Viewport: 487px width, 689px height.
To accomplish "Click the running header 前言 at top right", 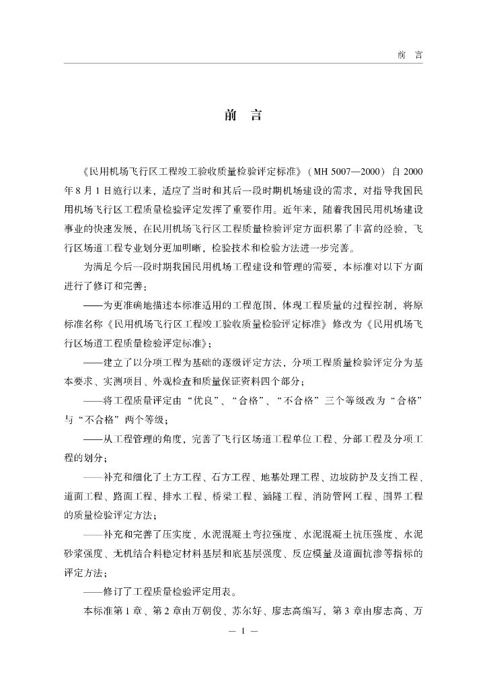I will click(409, 55).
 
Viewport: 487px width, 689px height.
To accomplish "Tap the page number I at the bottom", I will click(243, 632).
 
